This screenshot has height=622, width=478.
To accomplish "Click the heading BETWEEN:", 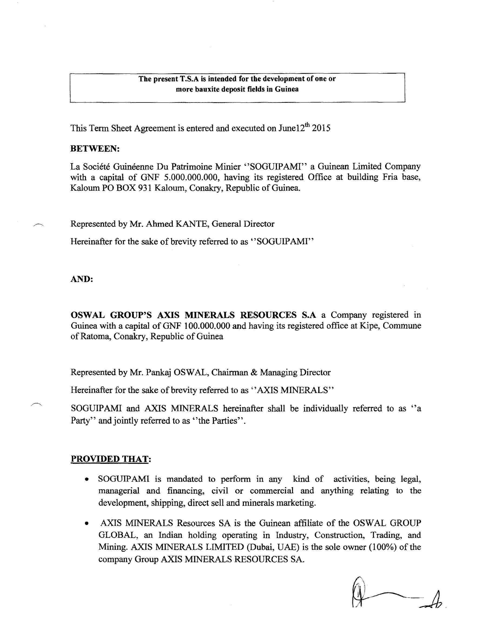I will (95, 148).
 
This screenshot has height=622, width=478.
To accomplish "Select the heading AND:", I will (82, 279).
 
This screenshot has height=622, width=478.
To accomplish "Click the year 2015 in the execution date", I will (321, 128).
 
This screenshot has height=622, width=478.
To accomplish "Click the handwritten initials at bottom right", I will (396, 597).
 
